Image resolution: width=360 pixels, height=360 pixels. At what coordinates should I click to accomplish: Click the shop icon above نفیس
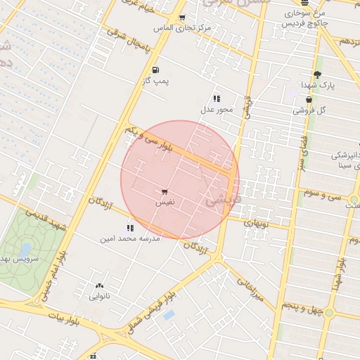[x=165, y=191]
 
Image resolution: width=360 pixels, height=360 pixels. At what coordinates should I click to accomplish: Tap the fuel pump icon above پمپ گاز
[x=155, y=70]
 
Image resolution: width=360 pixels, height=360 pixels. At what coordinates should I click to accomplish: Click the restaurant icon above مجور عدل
[x=217, y=98]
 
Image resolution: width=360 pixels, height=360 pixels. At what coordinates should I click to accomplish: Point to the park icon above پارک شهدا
[x=317, y=75]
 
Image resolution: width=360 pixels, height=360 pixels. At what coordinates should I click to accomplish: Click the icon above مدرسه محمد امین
[x=129, y=228]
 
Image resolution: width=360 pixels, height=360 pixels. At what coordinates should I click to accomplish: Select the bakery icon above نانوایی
[x=98, y=285]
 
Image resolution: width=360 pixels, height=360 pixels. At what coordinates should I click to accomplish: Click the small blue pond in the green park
[x=25, y=250]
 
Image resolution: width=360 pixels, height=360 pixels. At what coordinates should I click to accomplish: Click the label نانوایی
[x=98, y=297]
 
